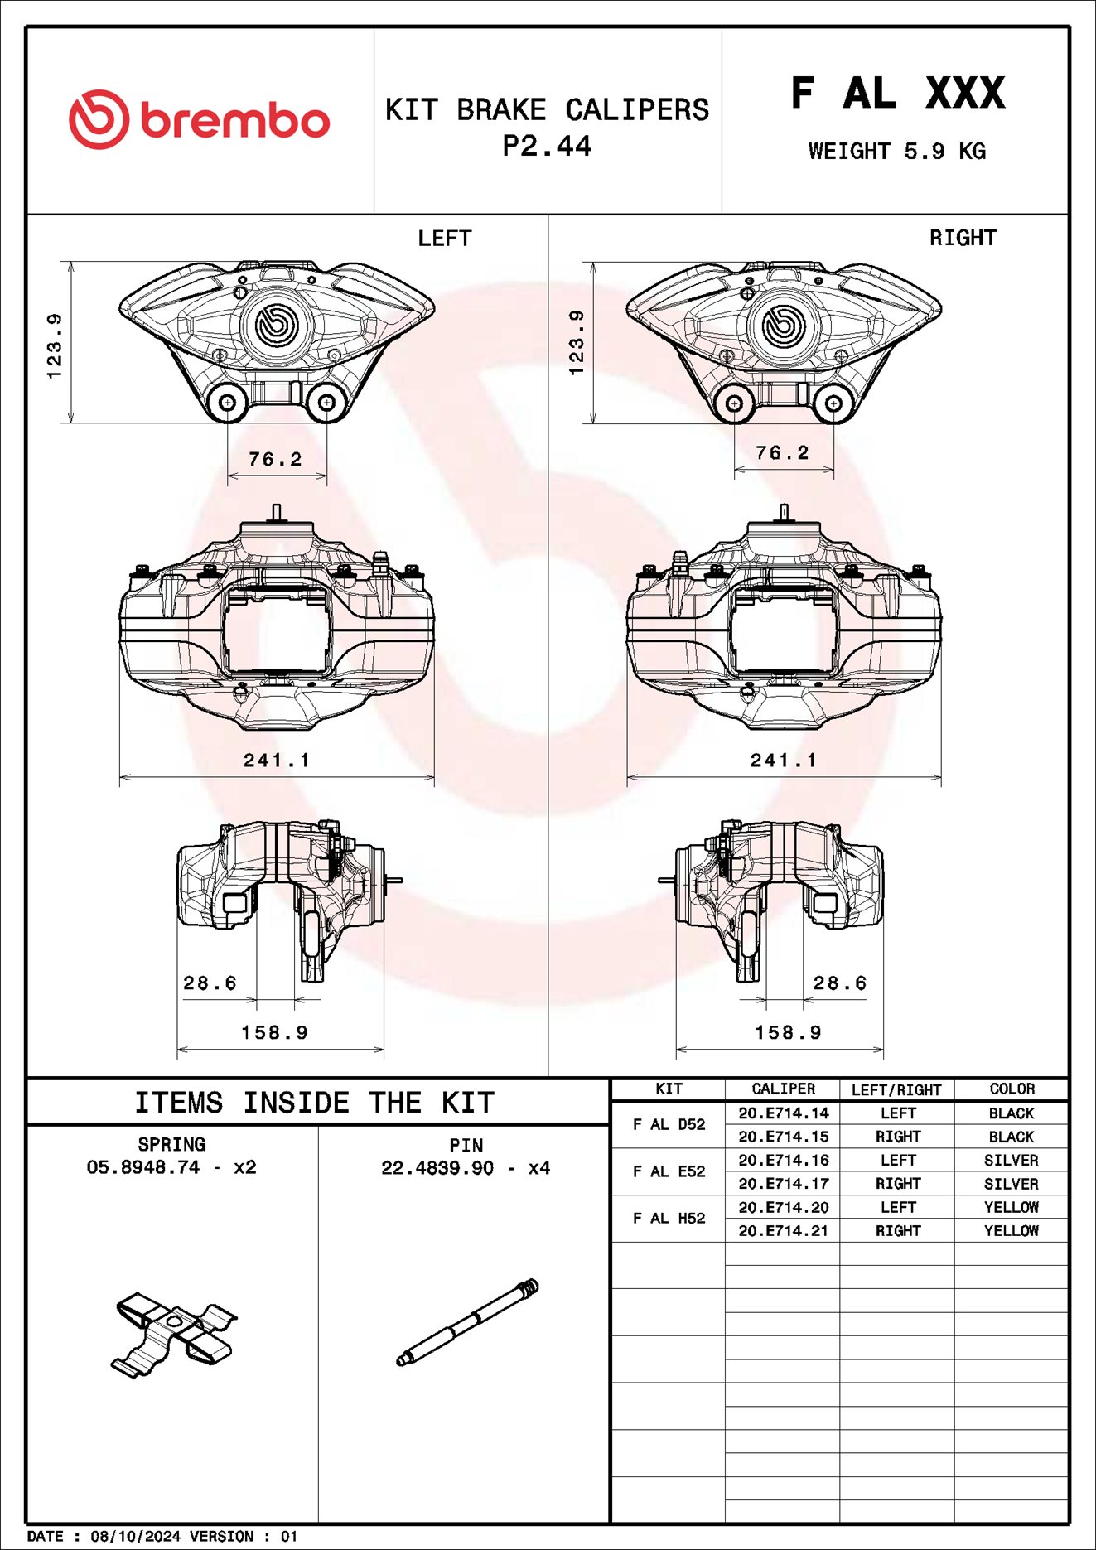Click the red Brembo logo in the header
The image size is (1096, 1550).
[x=199, y=120]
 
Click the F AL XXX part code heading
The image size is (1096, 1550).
[x=897, y=93]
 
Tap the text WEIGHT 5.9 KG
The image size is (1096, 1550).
[x=896, y=152]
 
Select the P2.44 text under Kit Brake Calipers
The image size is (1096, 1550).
[x=547, y=147]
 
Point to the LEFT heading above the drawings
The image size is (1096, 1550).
[x=444, y=239]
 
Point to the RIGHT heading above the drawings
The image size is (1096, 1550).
[x=962, y=238]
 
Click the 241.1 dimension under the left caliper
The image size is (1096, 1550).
[x=276, y=761]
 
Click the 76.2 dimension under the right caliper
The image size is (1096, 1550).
[x=782, y=453]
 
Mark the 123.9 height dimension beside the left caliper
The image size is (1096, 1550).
[x=55, y=345]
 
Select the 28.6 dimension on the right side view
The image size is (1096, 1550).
[x=839, y=983]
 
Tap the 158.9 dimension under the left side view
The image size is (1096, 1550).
[x=274, y=1033]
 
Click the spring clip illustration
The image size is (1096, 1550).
[x=173, y=1332]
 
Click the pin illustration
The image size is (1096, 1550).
[x=468, y=1322]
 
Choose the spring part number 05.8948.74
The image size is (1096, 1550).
[x=143, y=1167]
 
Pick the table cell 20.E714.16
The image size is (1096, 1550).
[x=783, y=1161]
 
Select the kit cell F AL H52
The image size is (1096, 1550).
[x=669, y=1219]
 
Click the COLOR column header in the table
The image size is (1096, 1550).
[x=1012, y=1089]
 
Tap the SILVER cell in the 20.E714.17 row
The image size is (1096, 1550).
[x=1011, y=1184]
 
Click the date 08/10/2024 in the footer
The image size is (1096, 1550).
[x=135, y=1537]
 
